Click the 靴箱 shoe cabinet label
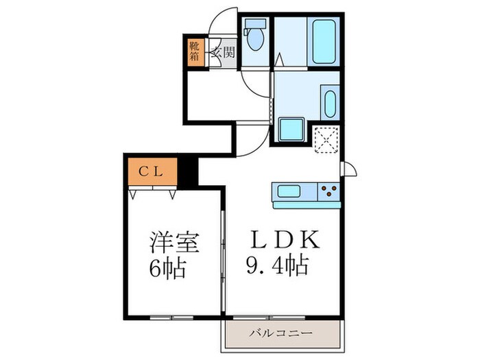coord(195,51)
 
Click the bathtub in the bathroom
coord(322,41)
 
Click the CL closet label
coord(152,172)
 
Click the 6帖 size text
coord(169,269)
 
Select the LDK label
coord(284,239)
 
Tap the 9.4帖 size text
coord(277,263)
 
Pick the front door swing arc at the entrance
coord(223,21)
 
